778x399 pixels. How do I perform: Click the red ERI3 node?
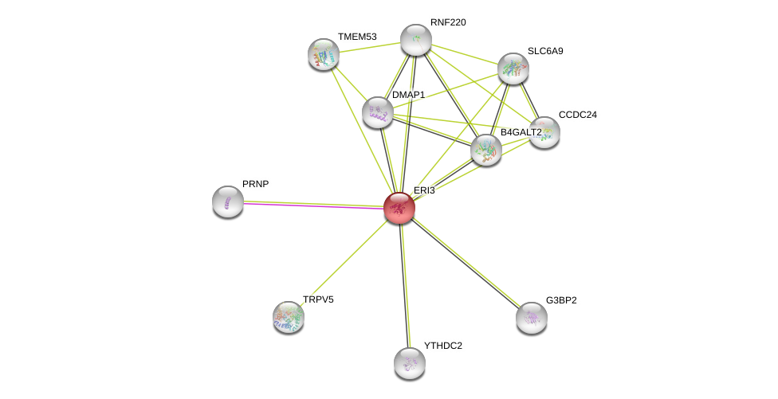pos(399,208)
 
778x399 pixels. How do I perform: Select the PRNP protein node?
pos(228,201)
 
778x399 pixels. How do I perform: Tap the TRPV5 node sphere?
pos(289,317)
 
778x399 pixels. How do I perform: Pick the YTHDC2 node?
pos(410,363)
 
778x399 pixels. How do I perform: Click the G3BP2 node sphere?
pos(532,319)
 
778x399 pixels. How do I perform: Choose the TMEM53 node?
pos(323,54)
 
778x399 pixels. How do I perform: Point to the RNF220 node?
pos(416,40)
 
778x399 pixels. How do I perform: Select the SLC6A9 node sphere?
pos(513,68)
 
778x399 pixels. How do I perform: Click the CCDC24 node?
pos(544,132)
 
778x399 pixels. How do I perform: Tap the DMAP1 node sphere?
pos(378,112)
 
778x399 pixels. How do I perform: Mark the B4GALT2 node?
pos(486,151)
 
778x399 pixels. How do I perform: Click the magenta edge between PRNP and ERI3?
pos(313,205)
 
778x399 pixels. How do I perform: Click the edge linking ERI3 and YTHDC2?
pos(404,285)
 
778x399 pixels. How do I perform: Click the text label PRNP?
pos(256,184)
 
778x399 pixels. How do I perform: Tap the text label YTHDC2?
pos(443,346)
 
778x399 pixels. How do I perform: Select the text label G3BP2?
pos(561,300)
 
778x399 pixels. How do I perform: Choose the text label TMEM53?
pos(357,37)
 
